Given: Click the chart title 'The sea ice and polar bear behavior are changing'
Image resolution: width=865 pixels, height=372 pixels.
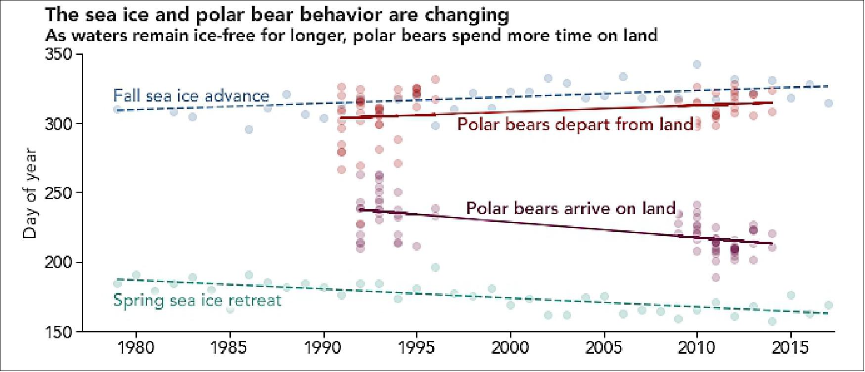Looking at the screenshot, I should coord(277,15).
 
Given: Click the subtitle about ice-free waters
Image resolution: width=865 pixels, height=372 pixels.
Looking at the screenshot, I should coord(351,36).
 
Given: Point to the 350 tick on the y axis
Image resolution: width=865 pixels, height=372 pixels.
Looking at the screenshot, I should coord(58,53).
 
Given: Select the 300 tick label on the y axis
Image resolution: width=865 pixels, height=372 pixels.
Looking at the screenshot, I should coord(58,123).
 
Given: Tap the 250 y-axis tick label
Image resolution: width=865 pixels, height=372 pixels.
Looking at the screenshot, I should coord(58,193).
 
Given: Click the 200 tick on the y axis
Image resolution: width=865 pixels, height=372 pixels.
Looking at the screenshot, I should coord(58,262).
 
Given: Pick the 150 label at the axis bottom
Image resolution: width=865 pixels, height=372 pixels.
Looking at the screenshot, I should coord(58,331).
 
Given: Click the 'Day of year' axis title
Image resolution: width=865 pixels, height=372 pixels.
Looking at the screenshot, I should coord(30,193).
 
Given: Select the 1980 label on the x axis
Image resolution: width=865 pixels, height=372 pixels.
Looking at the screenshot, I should coord(136,348).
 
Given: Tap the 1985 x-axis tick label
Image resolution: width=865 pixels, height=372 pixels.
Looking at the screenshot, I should coord(229,348).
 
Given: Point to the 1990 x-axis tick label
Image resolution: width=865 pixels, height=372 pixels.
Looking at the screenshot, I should coord(323,348).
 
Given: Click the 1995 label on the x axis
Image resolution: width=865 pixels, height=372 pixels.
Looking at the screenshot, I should coord(417,348).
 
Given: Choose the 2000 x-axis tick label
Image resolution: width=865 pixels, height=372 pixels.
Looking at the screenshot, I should coord(510,348).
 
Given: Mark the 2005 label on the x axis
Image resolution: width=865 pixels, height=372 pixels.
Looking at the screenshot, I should coord(604,348).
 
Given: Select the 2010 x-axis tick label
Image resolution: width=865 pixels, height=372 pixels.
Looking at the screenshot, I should coord(697,348).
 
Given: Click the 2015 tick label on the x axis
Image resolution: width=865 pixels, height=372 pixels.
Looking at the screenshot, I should coord(791,348).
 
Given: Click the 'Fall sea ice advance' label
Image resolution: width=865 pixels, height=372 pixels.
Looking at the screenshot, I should coord(191,95).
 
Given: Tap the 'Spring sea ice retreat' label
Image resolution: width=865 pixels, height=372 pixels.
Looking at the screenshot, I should coord(197,300).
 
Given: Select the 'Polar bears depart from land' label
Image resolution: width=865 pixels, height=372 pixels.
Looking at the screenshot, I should coord(575,124).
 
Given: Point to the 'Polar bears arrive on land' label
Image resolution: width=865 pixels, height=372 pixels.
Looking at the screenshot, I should coord(571,208).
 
